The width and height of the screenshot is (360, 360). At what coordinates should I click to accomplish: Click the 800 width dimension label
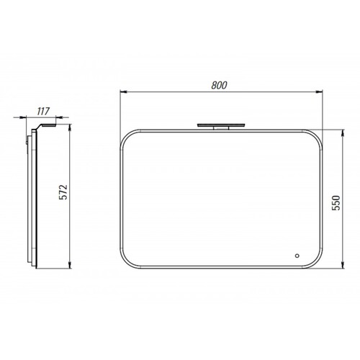click(219, 85)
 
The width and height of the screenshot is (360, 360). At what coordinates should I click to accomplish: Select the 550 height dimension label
click(336, 203)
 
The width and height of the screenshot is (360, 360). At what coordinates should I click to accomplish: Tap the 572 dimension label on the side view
click(63, 192)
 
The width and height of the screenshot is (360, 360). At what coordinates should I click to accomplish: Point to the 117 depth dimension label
click(43, 111)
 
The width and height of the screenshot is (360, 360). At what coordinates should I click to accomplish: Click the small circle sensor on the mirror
click(297, 256)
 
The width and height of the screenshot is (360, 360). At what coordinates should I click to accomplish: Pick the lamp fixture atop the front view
click(221, 126)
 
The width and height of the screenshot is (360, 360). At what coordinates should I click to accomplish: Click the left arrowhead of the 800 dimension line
click(123, 91)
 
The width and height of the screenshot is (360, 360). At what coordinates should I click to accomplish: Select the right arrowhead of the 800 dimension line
click(319, 91)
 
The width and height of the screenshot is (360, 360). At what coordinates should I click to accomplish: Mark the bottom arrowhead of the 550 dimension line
click(343, 265)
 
